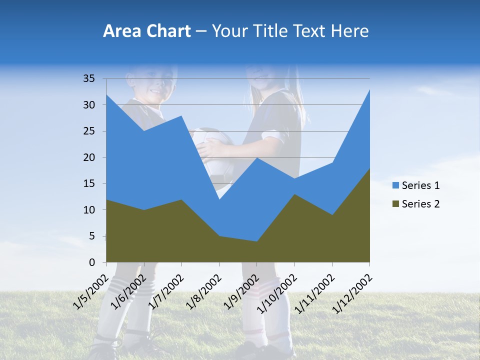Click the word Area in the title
click(121, 31)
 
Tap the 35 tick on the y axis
click(89, 78)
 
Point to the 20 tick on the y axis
click(89, 157)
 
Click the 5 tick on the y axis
click(91, 236)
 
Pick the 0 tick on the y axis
click(91, 262)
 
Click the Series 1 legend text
click(420, 185)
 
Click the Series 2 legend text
click(420, 203)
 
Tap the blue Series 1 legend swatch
click(396, 185)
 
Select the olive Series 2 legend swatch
click(396, 203)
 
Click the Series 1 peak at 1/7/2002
click(181, 116)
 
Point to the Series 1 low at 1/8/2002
click(219, 199)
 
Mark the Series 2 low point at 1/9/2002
click(257, 242)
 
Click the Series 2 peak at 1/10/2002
click(294, 194)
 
